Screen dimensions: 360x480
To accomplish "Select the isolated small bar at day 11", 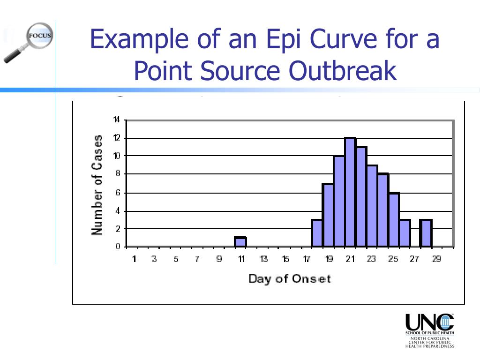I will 240,242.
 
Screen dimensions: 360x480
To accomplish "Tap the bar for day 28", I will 426,233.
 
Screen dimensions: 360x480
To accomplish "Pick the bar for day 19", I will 328,215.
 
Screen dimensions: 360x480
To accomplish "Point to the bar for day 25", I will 394,219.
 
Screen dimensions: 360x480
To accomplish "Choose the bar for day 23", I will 372,206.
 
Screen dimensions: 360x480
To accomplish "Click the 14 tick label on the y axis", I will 116,120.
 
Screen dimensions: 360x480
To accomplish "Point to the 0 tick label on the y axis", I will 118,247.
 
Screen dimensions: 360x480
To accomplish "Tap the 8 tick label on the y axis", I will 118,174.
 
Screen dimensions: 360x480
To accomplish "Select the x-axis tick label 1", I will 134,259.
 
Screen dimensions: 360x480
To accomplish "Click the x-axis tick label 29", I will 436,259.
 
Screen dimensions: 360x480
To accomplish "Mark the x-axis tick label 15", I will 285,259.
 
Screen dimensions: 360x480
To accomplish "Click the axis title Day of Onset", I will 289,278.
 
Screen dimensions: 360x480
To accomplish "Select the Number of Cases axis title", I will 97,185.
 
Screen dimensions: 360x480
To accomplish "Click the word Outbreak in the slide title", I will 342,71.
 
